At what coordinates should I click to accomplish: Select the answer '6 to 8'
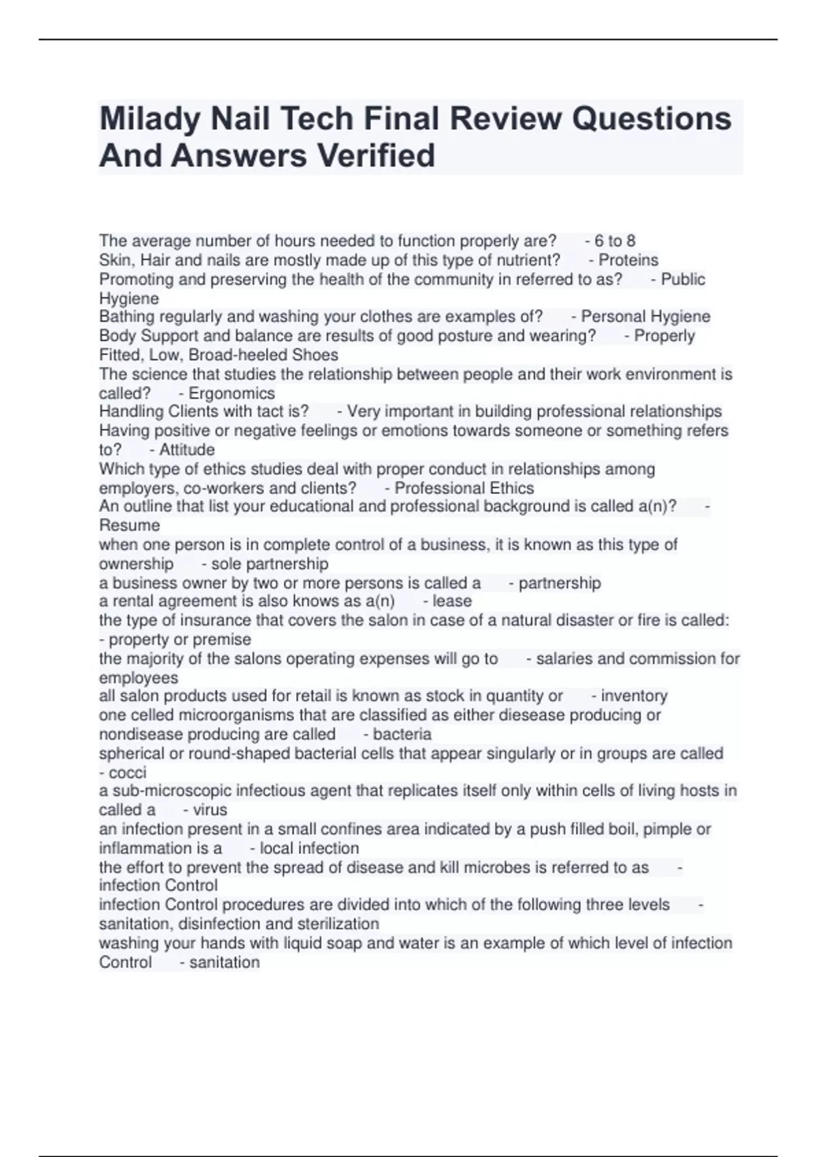[x=615, y=241]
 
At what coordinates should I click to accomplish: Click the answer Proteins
[x=628, y=260]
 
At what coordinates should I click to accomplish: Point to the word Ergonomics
[x=231, y=393]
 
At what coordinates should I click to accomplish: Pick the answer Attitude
[x=187, y=450]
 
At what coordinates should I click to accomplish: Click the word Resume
[x=129, y=525]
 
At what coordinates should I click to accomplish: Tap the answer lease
[x=452, y=601]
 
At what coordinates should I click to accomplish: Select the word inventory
[x=634, y=696]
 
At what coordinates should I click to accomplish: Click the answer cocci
[x=127, y=772]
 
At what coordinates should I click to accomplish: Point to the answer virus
[x=210, y=810]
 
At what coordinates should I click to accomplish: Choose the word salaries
[x=564, y=659]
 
